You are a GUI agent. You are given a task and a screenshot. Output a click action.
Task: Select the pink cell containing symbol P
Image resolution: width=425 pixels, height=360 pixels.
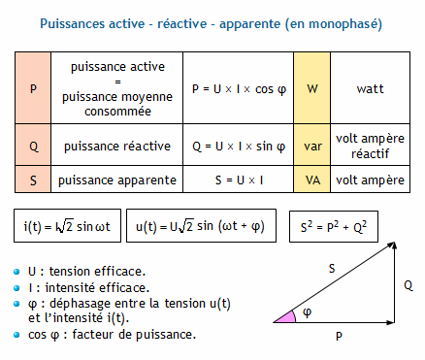[x=34, y=89]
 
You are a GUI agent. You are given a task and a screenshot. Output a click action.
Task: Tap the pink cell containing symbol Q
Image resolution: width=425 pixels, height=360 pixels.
[x=34, y=147]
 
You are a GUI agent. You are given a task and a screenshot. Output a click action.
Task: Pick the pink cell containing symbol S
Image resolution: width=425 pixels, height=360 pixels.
[x=34, y=180]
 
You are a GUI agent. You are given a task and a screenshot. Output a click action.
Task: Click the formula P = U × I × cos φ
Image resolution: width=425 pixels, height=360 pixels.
[x=238, y=89]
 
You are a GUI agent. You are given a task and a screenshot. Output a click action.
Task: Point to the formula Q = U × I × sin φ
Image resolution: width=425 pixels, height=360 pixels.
[x=238, y=147]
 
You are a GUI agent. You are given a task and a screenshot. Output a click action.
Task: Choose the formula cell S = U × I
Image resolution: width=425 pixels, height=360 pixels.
[x=238, y=180]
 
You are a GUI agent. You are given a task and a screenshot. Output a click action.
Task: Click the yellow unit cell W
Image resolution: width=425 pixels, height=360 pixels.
[x=312, y=89]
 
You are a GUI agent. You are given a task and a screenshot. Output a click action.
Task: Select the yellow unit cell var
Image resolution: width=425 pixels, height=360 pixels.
[x=312, y=147]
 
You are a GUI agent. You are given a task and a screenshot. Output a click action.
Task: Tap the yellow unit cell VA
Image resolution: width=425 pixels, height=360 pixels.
[x=312, y=180]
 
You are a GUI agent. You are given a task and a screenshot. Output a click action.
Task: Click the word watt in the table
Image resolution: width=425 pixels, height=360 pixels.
[x=370, y=89]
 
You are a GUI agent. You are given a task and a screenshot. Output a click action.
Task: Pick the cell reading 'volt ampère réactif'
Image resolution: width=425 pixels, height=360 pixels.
[x=370, y=147]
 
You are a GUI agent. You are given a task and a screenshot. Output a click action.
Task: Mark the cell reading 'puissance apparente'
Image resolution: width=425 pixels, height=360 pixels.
[x=117, y=180]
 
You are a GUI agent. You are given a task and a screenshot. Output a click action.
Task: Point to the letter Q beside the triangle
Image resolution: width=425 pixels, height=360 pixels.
[x=408, y=286]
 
